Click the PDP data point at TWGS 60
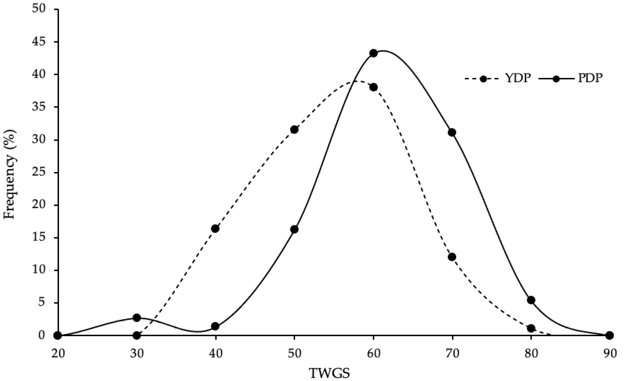(x=373, y=53)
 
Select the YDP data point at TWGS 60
(x=373, y=87)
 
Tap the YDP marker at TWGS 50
(x=294, y=130)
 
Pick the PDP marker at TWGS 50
(x=294, y=229)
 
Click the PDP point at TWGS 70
(x=452, y=133)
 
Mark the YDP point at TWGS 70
(x=452, y=257)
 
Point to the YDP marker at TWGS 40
(x=215, y=229)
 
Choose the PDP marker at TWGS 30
(x=137, y=318)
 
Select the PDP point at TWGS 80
(x=531, y=300)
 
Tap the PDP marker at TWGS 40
(x=215, y=326)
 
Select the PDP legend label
(x=590, y=79)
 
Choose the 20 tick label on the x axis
(x=58, y=354)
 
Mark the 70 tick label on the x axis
(x=452, y=354)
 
